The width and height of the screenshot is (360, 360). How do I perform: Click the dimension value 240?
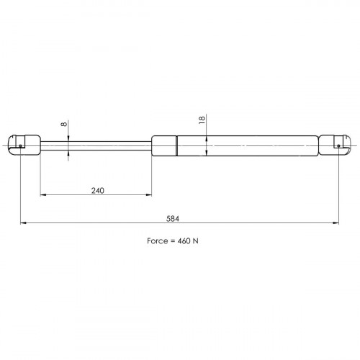pos(98,191)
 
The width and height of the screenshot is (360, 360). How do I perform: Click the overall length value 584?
pos(173,219)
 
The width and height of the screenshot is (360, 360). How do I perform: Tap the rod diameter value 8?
pos(64,124)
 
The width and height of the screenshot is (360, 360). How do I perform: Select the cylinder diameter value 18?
pos(202,120)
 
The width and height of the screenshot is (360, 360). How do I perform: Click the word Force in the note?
pos(157,240)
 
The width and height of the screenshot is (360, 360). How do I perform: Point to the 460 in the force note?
pos(184,240)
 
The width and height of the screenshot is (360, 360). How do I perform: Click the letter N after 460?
pos(196,240)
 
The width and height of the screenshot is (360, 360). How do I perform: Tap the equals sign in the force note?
pos(173,241)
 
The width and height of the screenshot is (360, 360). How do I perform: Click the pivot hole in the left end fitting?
pos(20,145)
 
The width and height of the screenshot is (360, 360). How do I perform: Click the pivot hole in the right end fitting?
pos(338,145)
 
